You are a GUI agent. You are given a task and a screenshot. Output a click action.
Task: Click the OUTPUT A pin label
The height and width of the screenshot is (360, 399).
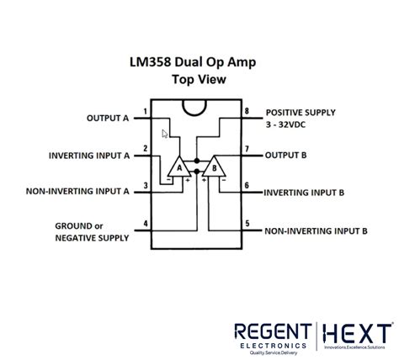pyautogui.click(x=108, y=118)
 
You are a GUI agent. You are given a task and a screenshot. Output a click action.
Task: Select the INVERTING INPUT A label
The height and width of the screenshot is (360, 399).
pyautogui.click(x=89, y=156)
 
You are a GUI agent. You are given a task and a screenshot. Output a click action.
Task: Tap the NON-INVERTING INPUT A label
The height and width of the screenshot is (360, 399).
pyautogui.click(x=77, y=191)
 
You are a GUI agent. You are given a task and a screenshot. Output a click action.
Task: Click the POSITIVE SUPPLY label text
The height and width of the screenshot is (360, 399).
pyautogui.click(x=301, y=113)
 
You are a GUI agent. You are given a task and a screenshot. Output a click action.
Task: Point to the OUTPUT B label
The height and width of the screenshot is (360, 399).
pyautogui.click(x=285, y=155)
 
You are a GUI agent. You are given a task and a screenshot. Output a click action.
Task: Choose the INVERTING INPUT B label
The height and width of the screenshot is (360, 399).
pyautogui.click(x=304, y=193)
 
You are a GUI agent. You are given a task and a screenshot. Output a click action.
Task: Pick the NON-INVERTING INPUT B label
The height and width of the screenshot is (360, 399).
pyautogui.click(x=316, y=231)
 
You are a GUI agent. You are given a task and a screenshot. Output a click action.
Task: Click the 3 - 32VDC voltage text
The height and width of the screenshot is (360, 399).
pyautogui.click(x=285, y=124)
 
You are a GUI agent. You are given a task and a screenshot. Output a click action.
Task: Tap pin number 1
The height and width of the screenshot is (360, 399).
pyautogui.click(x=146, y=112)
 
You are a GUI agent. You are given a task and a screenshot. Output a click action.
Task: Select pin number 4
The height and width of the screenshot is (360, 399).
pyautogui.click(x=146, y=224)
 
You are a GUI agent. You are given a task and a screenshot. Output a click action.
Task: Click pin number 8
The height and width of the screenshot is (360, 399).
pyautogui.click(x=247, y=111)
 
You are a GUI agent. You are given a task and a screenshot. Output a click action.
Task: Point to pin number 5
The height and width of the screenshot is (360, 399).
pyautogui.click(x=247, y=224)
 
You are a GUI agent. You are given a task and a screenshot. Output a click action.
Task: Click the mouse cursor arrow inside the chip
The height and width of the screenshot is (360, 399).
pyautogui.click(x=164, y=134)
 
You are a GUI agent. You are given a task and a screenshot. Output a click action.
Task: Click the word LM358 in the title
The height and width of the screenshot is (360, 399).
pyautogui.click(x=150, y=62)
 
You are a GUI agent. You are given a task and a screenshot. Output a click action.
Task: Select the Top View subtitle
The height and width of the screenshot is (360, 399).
pyautogui.click(x=199, y=79)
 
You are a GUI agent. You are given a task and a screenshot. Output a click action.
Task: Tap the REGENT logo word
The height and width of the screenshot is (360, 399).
pyautogui.click(x=273, y=331)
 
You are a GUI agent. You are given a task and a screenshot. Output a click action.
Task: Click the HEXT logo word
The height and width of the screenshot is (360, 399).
pyautogui.click(x=357, y=333)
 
